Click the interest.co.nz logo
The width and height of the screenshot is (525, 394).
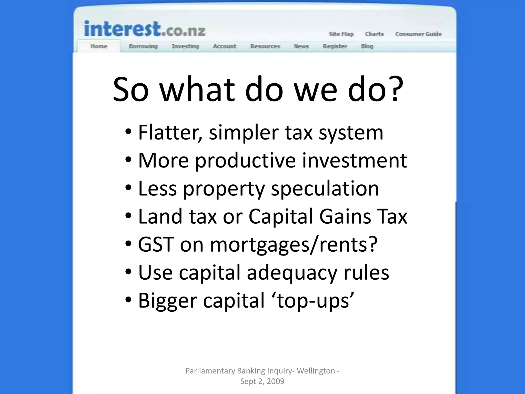(145, 29)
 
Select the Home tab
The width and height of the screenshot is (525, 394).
(99, 46)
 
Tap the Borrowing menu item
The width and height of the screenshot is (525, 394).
(143, 46)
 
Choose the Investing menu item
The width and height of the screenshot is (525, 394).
(185, 46)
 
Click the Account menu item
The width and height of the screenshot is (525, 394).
(225, 46)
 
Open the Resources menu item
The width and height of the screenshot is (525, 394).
(265, 46)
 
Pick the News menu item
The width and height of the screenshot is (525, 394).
(301, 46)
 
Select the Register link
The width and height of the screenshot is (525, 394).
(335, 46)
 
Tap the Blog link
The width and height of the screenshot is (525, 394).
(367, 46)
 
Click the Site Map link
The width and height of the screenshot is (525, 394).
(341, 34)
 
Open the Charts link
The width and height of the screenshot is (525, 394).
(374, 34)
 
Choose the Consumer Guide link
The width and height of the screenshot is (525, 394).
(418, 34)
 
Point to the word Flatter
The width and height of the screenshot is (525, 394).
(170, 133)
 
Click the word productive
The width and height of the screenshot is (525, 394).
(245, 161)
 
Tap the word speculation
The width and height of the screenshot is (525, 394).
(325, 189)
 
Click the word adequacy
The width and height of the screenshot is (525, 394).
(292, 272)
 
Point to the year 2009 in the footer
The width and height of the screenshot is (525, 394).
(276, 381)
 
